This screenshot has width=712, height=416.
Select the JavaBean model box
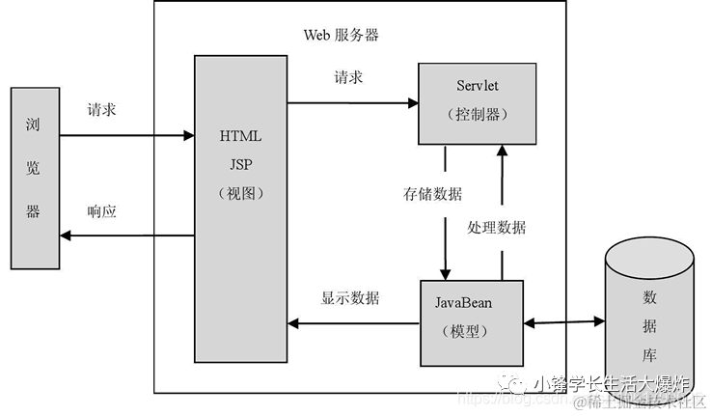pos(471,322)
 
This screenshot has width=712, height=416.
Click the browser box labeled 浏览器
pos(33,178)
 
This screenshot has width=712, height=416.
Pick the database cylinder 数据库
pos(648,309)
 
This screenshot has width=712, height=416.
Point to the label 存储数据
pos(432,193)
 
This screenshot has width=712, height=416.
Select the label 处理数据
pos(497,227)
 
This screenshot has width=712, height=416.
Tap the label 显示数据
pos(350,297)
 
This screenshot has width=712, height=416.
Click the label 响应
pos(101,211)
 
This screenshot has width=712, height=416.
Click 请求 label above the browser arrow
pos(101,110)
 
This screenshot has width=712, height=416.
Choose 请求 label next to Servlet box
pos(348,77)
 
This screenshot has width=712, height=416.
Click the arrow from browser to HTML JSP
pos(125,134)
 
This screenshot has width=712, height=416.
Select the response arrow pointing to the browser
pos(125,236)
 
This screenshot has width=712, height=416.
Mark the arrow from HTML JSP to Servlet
pos(352,101)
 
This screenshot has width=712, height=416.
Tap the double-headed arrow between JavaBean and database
pos(563,323)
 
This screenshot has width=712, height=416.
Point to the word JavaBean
pos(463,302)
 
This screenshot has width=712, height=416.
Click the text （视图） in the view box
pos(241,192)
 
